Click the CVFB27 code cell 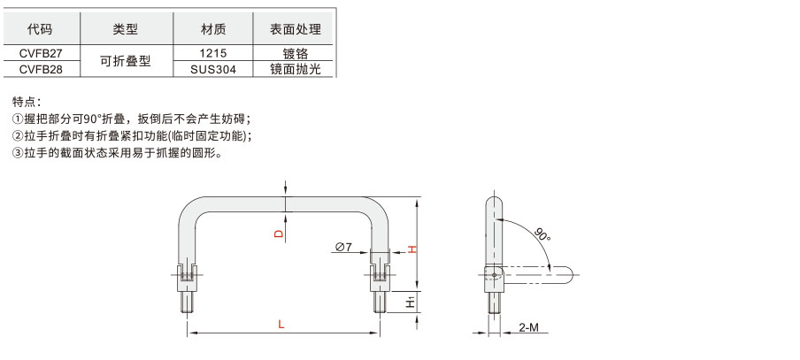click(x=41, y=53)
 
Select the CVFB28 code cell click(x=41, y=69)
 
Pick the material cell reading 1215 click(x=213, y=53)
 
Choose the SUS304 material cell click(x=213, y=69)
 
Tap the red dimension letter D click(x=279, y=234)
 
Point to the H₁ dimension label click(x=412, y=303)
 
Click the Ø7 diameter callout click(x=343, y=248)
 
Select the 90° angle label click(x=542, y=235)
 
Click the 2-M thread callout click(x=528, y=327)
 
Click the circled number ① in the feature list click(x=18, y=119)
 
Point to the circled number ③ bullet click(x=18, y=153)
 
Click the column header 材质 click(x=213, y=29)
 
